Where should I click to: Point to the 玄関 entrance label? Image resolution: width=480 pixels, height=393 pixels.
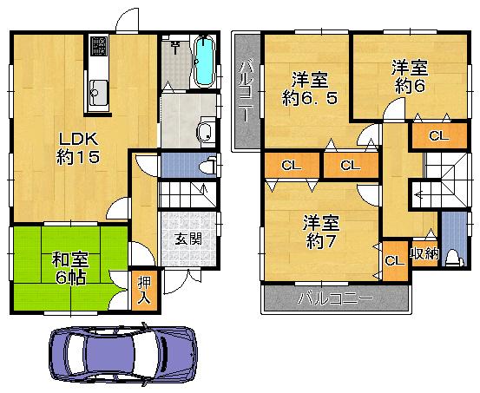pos(182,239)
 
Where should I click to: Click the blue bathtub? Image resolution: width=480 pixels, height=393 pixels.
pos(205,62)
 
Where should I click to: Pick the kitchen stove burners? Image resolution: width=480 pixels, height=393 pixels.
pos(96,43)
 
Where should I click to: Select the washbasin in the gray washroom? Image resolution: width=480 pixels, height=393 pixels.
pos(206,132)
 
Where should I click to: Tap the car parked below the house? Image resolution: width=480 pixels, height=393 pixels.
pos(122,356)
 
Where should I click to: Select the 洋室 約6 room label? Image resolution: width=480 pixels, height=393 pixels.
pos(409,75)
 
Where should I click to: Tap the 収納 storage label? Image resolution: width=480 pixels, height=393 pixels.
pos(424,254)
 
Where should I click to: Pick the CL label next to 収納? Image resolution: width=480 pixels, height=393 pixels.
pos(393,259)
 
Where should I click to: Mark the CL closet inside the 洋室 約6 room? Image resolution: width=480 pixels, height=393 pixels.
pos(439,135)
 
